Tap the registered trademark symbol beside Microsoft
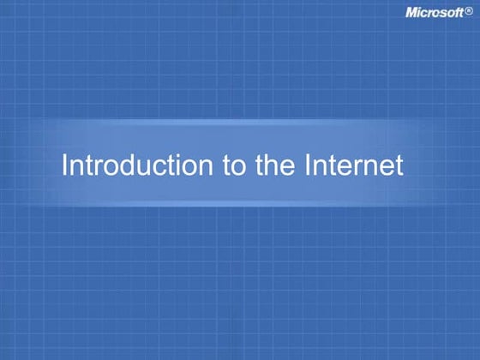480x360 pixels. pos(468,12)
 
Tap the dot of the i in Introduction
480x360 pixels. pos(185,154)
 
